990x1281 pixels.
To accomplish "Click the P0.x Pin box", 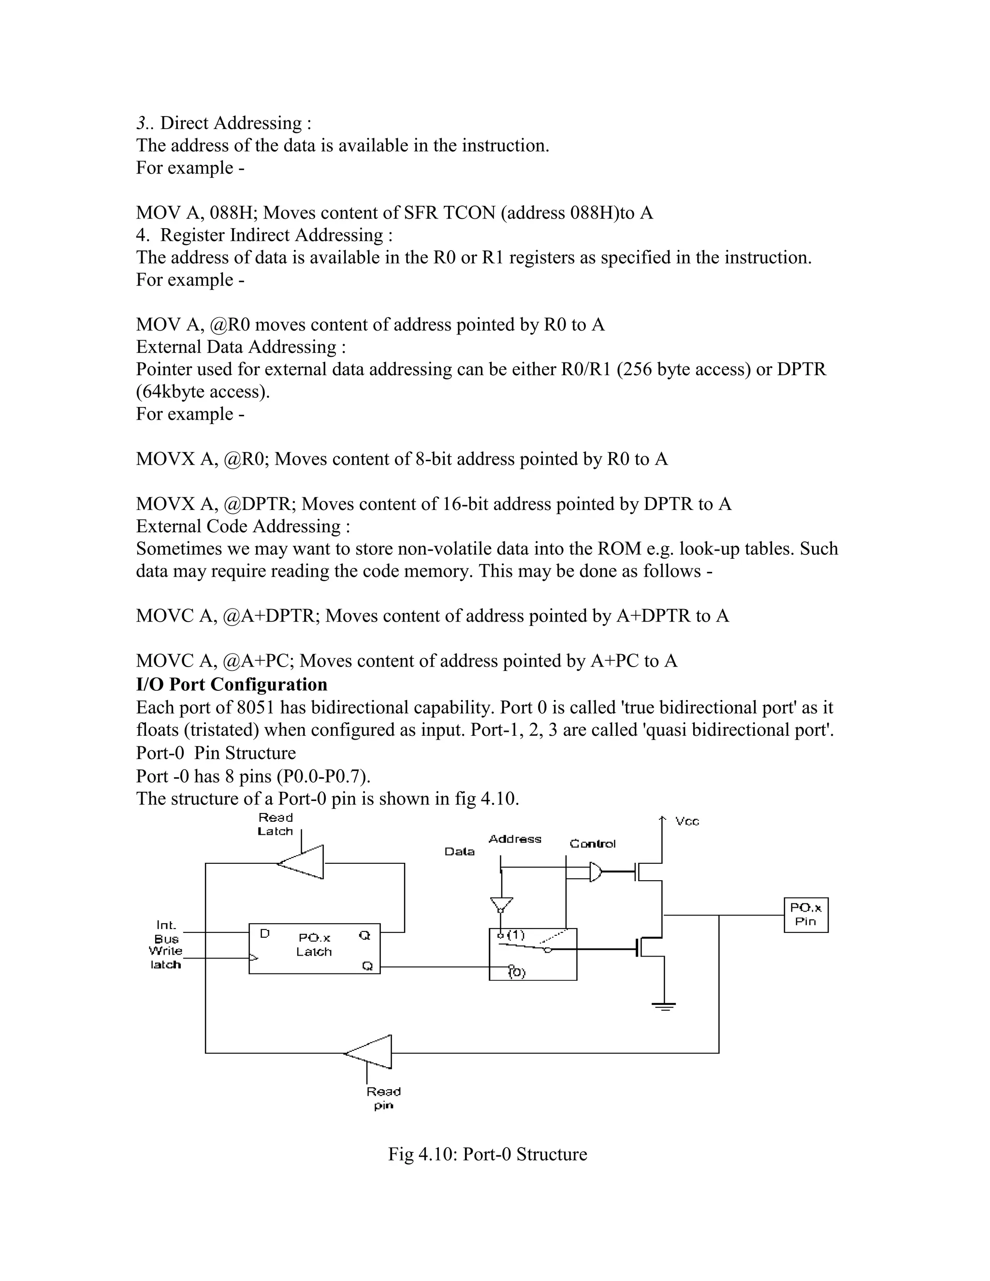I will [805, 915].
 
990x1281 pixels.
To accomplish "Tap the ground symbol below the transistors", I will [663, 1006].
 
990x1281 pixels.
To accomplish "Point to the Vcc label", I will [687, 821].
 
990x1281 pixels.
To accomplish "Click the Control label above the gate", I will [592, 844].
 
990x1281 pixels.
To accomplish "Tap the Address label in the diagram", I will [514, 839].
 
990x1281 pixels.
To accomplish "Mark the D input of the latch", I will [264, 933].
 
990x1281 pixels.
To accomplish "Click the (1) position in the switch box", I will [516, 935].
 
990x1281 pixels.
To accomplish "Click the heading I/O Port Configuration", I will [232, 684].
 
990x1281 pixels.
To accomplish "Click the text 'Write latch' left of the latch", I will [165, 957].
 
